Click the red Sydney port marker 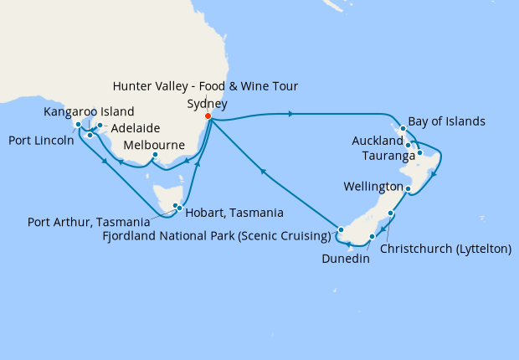[208, 116]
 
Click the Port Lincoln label [39, 141]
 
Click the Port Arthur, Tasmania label [90, 222]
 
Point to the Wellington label [372, 185]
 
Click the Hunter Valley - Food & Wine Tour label [206, 85]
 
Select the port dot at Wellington [407, 189]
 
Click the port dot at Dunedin [371, 238]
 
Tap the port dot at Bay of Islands [403, 129]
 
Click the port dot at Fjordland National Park [341, 229]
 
